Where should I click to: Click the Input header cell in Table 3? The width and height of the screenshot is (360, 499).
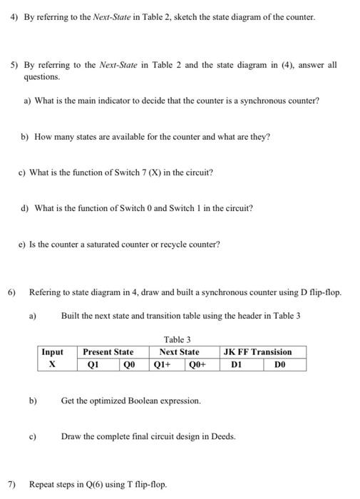53,352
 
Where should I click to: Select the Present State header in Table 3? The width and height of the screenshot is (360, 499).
108,352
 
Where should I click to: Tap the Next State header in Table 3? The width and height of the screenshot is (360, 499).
179,352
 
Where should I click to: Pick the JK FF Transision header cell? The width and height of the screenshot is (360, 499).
257,352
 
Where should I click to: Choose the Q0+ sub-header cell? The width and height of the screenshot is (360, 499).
197,364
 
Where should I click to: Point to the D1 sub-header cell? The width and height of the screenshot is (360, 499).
238,364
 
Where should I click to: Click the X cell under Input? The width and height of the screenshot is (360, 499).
53,364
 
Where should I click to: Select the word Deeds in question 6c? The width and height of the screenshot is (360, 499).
222,436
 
